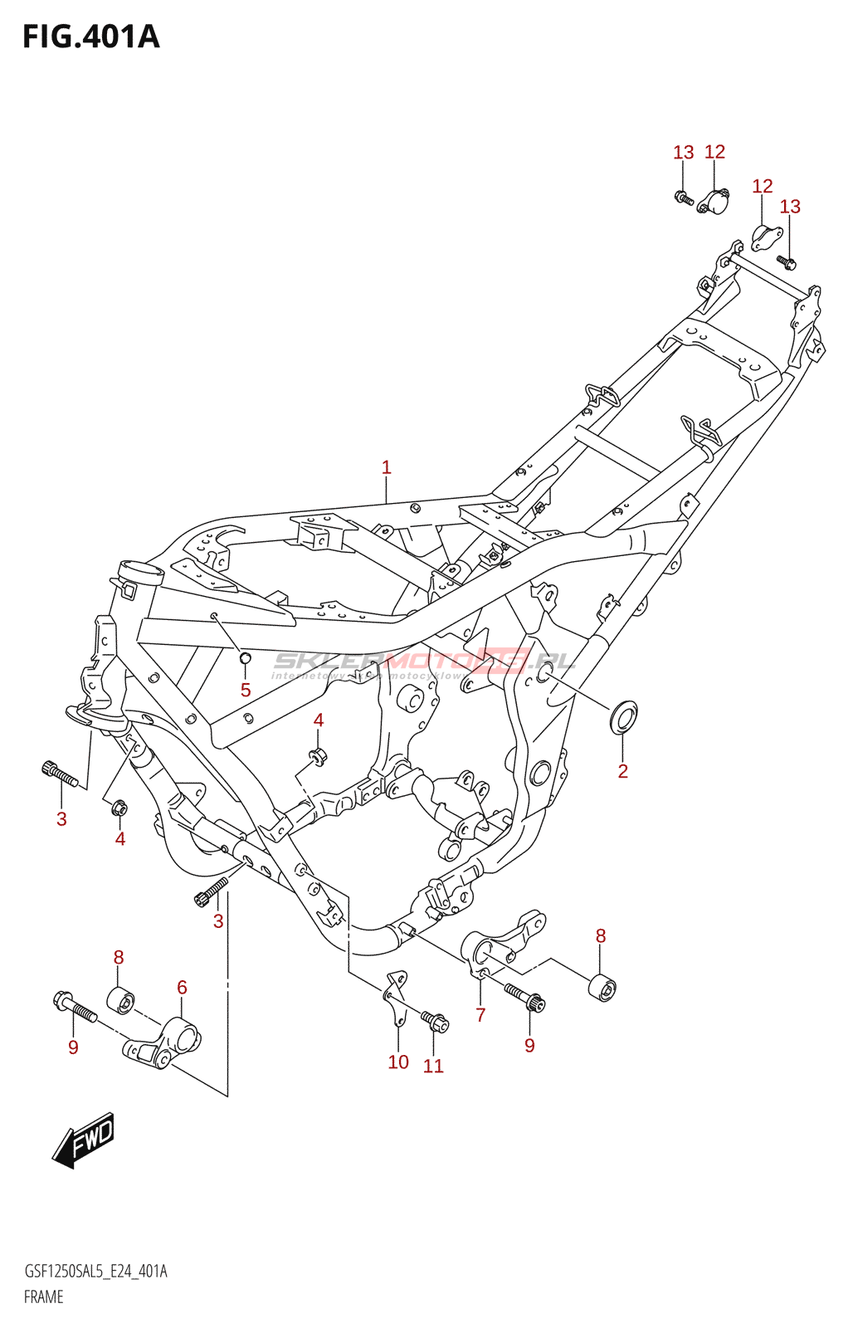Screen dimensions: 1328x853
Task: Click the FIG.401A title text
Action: pyautogui.click(x=90, y=37)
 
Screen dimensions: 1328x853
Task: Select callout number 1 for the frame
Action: pyautogui.click(x=386, y=467)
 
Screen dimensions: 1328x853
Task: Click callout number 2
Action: pyautogui.click(x=623, y=771)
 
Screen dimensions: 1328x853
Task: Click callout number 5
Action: pyautogui.click(x=245, y=690)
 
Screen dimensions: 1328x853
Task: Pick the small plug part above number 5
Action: pyautogui.click(x=245, y=659)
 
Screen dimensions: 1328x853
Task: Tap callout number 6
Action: pyautogui.click(x=182, y=987)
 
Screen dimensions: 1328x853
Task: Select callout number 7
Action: pyautogui.click(x=480, y=1014)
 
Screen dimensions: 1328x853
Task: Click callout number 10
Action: pyautogui.click(x=398, y=1062)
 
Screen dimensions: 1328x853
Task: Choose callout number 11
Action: pyautogui.click(x=433, y=1066)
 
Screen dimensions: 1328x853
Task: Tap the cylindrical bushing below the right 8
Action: pyautogui.click(x=602, y=988)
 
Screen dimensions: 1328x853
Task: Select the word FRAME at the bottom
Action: pyautogui.click(x=43, y=1296)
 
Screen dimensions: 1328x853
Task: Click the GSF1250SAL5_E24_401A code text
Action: pyautogui.click(x=95, y=1272)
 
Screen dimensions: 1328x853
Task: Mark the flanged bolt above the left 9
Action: pyautogui.click(x=75, y=1005)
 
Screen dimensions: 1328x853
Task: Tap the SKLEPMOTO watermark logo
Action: pyautogui.click(x=423, y=662)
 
